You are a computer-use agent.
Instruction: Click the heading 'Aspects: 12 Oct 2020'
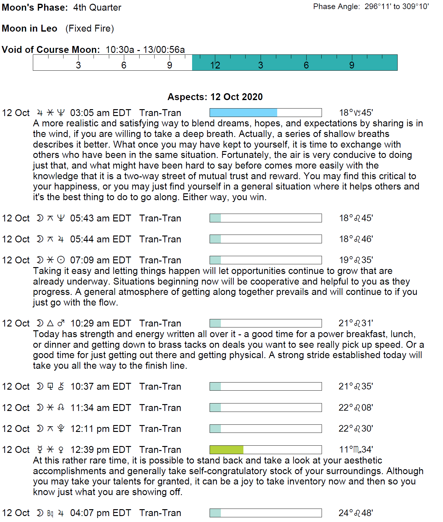[215, 97]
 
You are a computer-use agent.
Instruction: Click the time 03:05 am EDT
[100, 113]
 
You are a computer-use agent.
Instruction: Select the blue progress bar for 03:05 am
[265, 113]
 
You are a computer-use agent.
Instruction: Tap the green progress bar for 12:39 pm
[265, 450]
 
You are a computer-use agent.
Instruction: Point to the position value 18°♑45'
[356, 113]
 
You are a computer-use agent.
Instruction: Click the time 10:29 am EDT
[100, 323]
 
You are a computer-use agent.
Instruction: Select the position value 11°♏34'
[356, 450]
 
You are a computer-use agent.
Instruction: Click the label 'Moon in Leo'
[29, 28]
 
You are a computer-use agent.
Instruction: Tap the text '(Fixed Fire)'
[89, 28]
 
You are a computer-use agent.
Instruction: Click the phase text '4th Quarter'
[97, 8]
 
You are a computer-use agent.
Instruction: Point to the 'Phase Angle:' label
[336, 7]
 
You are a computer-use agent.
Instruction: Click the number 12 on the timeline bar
[215, 65]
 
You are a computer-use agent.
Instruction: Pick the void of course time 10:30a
[120, 50]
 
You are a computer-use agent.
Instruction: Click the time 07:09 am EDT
[100, 260]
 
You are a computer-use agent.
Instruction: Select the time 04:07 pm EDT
[100, 513]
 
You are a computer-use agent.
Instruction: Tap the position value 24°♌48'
[356, 513]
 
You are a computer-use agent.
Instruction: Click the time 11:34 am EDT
[100, 408]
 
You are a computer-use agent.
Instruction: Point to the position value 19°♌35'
[356, 260]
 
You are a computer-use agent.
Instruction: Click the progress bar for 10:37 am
[265, 387]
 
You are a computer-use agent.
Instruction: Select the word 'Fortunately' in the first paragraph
[245, 155]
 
